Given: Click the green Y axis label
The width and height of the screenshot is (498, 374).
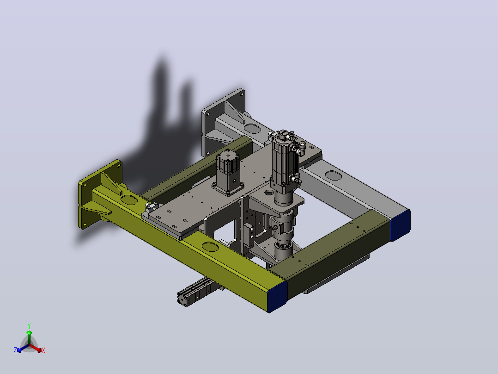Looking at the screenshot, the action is (29, 325).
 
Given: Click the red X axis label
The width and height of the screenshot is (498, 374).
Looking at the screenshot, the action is (43, 350).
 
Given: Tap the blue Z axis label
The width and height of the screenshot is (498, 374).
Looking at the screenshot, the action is (15, 350).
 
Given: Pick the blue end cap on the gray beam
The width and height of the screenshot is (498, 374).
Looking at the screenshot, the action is (400, 224).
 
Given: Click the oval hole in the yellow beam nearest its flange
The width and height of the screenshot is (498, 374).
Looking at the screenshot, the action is (128, 200).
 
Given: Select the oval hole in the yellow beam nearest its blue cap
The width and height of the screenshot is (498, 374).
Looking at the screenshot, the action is (210, 247).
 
